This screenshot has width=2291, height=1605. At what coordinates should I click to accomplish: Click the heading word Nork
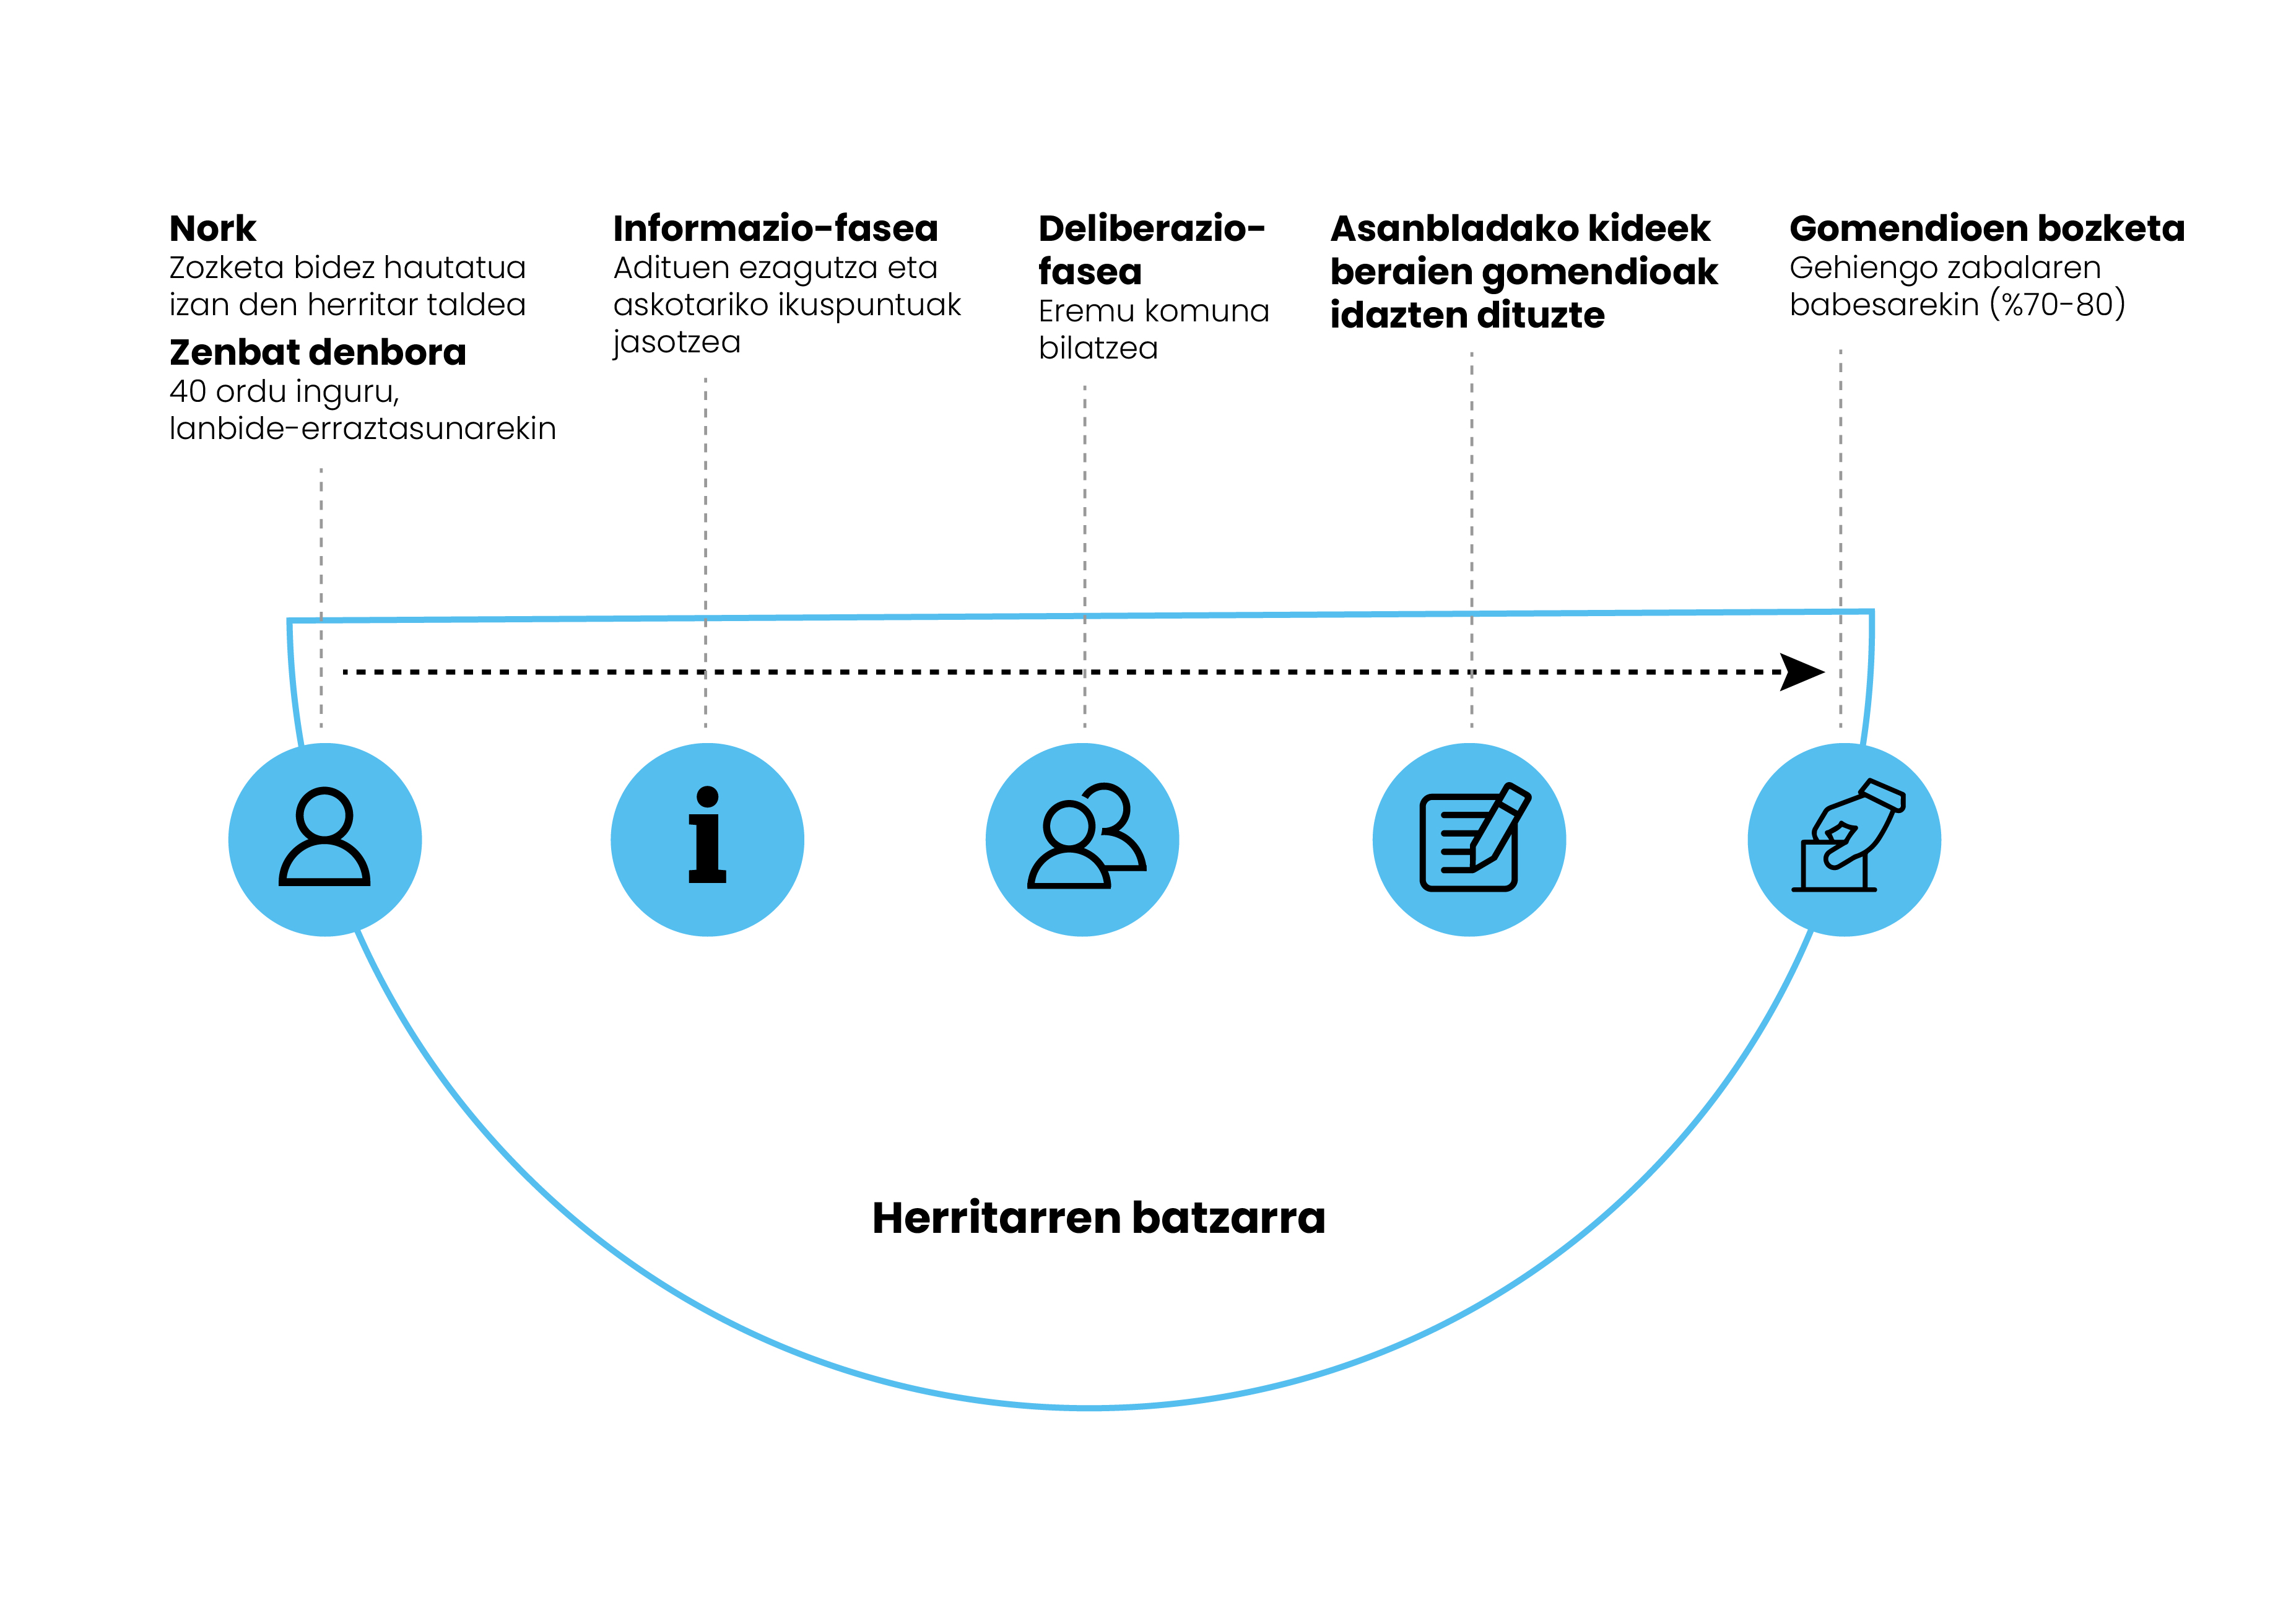click(x=212, y=228)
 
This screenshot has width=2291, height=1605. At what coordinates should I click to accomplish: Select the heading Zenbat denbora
click(x=317, y=352)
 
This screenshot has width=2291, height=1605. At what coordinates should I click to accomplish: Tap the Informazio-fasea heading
click(x=775, y=228)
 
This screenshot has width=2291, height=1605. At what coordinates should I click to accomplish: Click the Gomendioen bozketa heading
click(x=1986, y=228)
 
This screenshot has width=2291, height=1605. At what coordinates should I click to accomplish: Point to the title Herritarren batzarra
click(x=1098, y=1218)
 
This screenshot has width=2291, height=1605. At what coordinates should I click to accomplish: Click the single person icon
click(x=324, y=838)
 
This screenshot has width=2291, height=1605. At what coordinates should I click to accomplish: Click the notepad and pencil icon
click(x=1471, y=838)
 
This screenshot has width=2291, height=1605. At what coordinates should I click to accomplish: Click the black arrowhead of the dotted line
click(x=1802, y=672)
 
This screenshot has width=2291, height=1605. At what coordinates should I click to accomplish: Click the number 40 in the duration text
click(x=188, y=391)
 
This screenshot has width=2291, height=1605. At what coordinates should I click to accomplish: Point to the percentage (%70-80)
click(x=2058, y=305)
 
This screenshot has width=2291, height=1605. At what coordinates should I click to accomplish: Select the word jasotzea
click(x=677, y=342)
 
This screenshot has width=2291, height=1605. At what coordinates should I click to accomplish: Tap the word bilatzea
click(x=1098, y=349)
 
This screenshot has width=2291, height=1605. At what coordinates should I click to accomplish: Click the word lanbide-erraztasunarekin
click(x=362, y=429)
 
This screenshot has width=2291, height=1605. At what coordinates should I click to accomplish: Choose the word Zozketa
click(x=227, y=267)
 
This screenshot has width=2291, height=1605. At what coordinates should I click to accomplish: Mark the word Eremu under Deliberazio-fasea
click(x=1085, y=311)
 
